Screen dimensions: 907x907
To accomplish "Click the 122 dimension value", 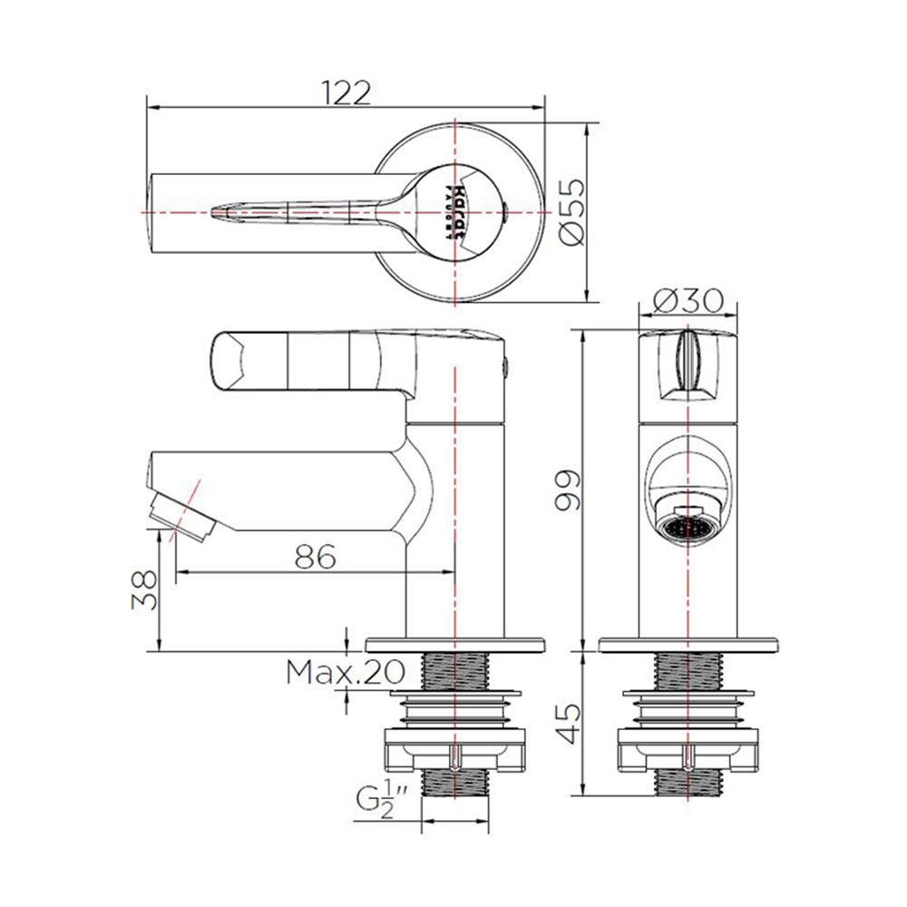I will coord(346,92).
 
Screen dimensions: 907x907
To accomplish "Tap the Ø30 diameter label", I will coord(688,298).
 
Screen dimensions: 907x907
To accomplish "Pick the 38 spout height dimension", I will coord(144,590).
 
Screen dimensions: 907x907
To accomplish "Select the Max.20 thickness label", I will coord(344,672).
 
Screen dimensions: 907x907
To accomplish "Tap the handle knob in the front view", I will coord(688,365).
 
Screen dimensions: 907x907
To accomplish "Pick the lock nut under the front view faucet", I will coord(688,746).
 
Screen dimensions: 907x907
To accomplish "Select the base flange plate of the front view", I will coord(688,645).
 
